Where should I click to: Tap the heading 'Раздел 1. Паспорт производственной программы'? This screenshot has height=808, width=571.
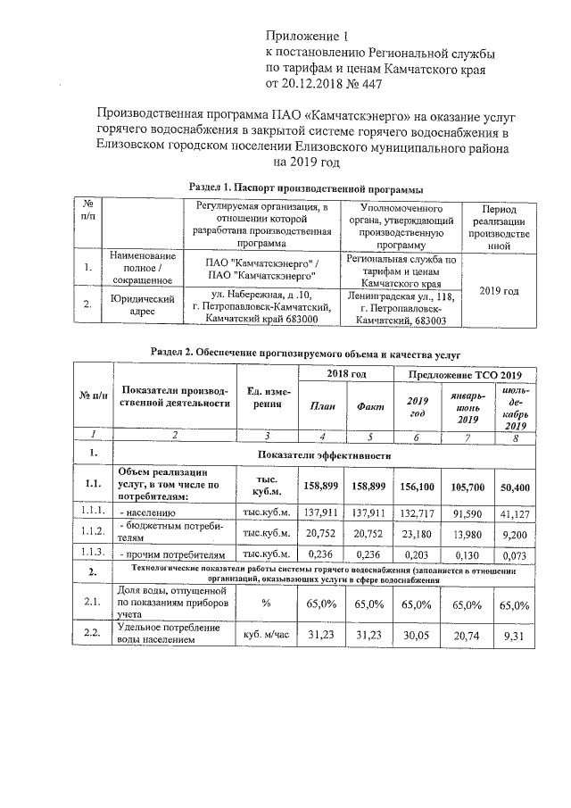(306, 187)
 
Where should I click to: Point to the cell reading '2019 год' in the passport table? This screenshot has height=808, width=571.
(499, 291)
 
